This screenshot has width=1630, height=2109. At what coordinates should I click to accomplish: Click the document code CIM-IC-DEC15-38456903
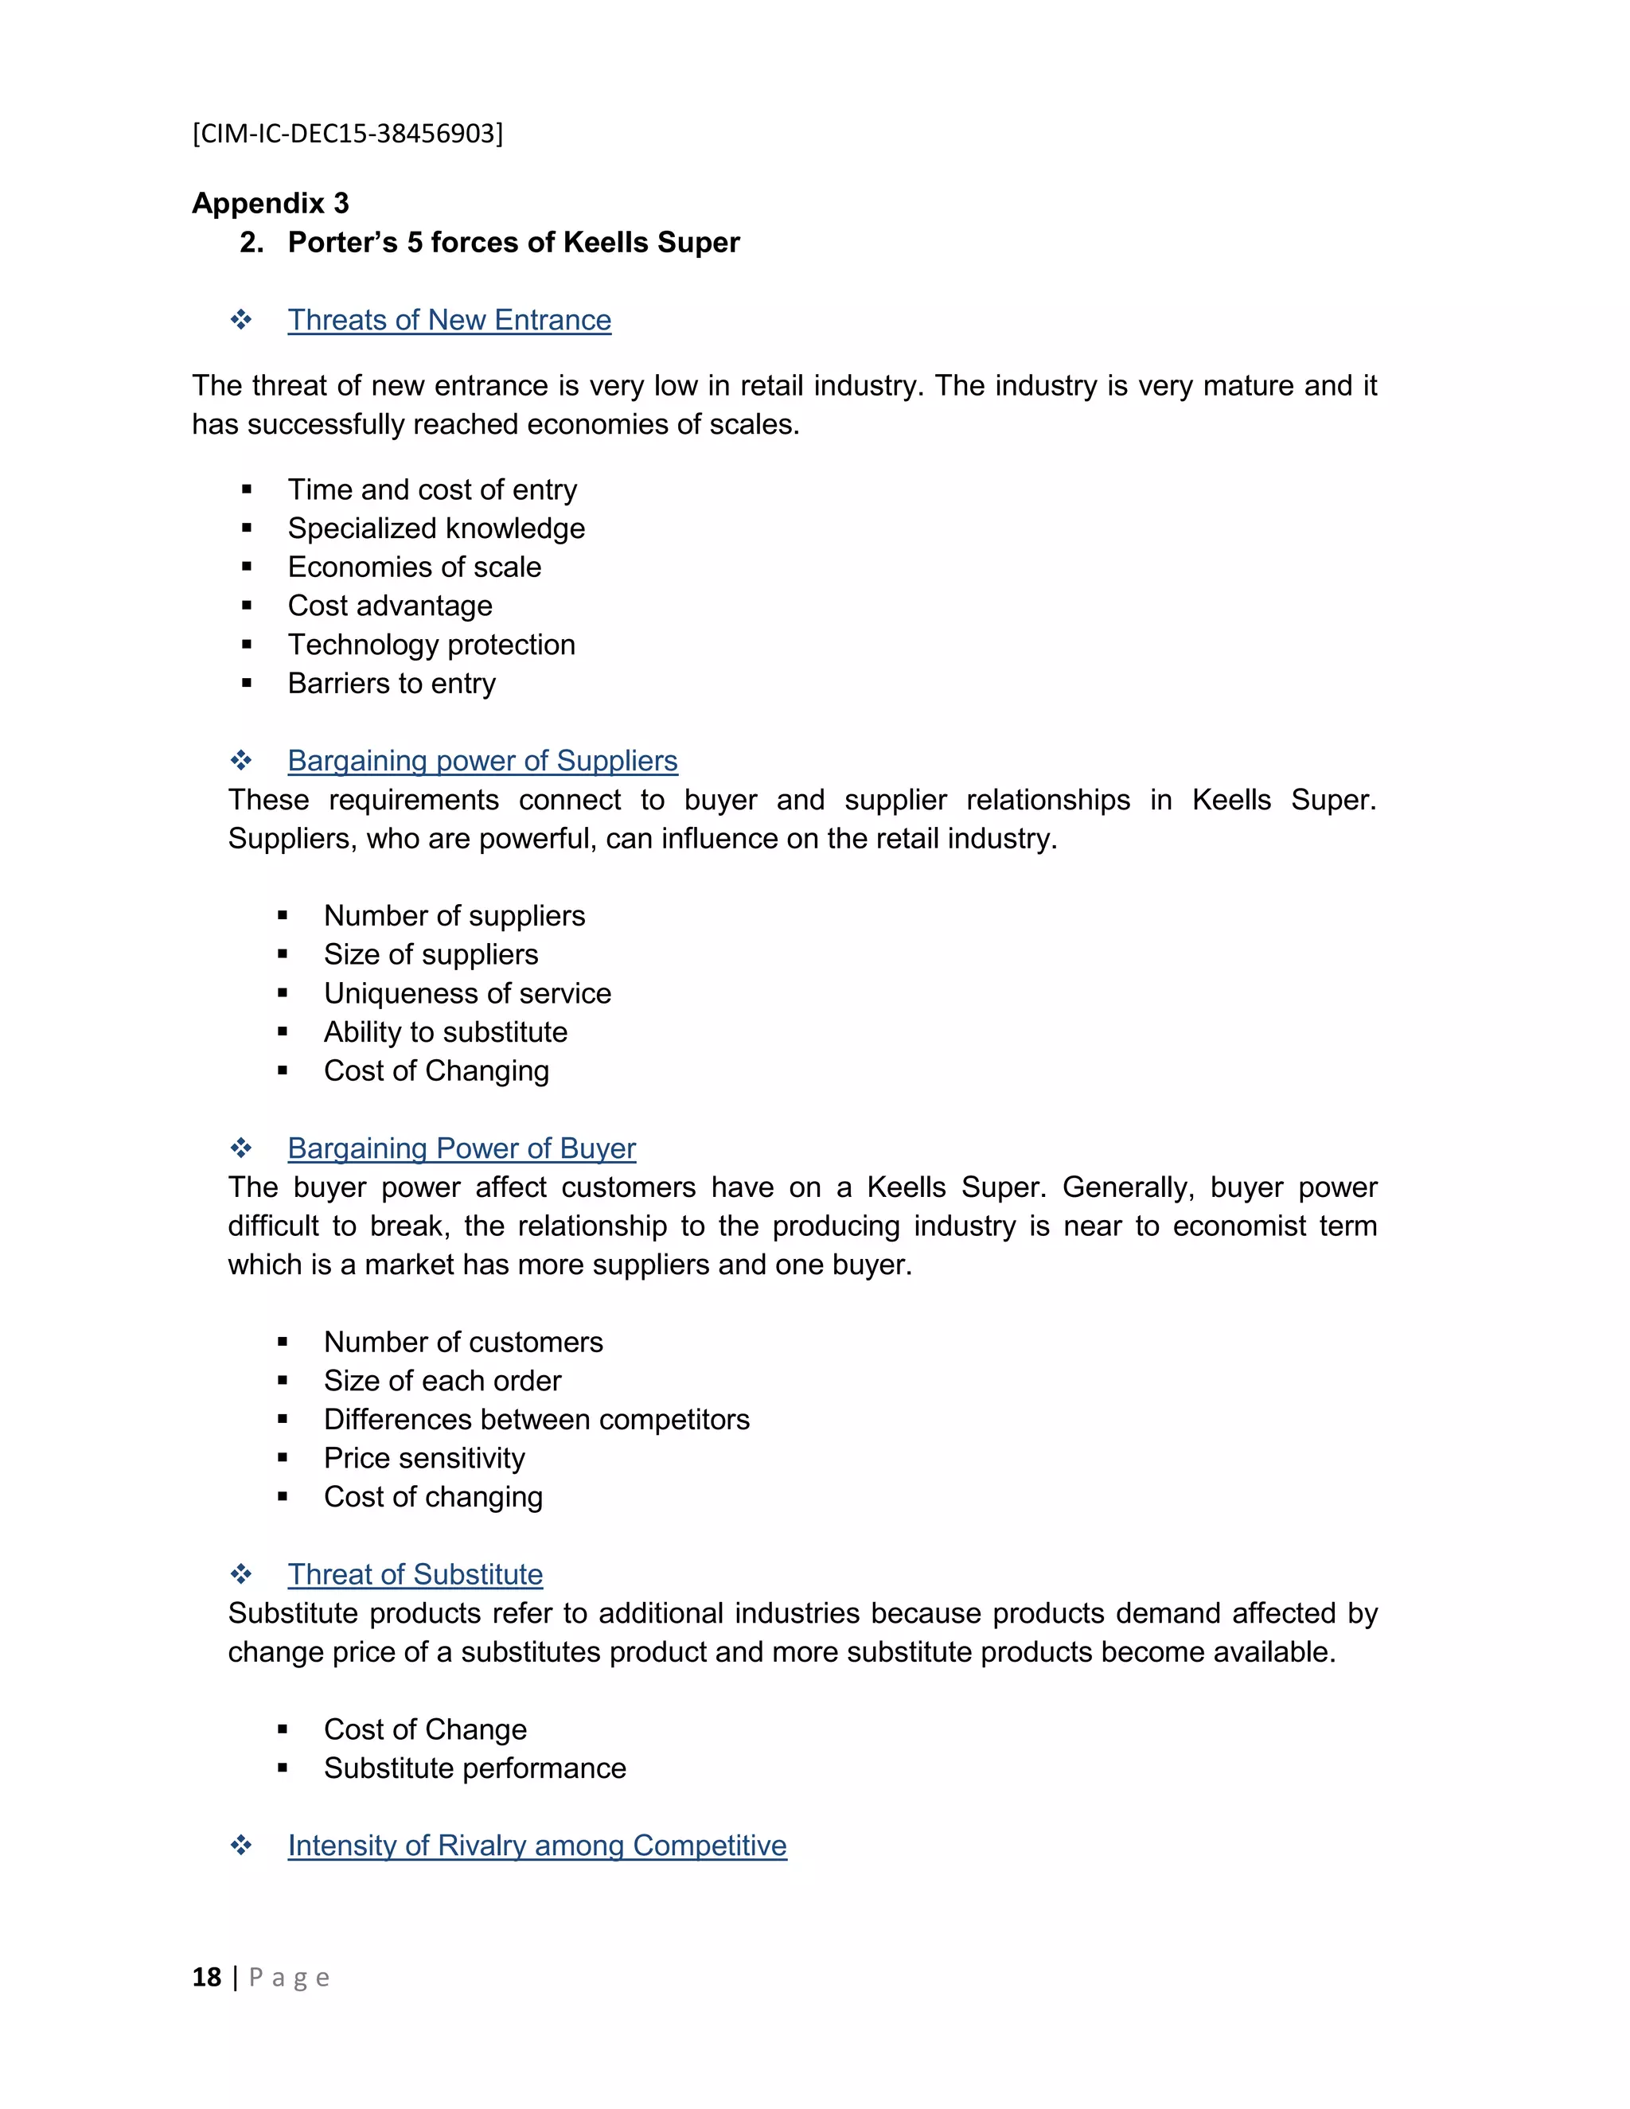click(348, 133)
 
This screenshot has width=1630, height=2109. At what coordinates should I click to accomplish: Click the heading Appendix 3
click(271, 203)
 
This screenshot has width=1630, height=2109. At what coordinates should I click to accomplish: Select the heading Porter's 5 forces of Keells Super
click(513, 243)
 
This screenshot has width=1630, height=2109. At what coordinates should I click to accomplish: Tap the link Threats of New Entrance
click(449, 320)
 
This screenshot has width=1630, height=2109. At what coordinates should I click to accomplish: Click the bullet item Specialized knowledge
click(435, 528)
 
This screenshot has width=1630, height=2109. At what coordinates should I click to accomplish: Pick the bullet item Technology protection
click(431, 644)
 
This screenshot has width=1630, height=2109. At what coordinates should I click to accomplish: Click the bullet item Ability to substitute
click(445, 1031)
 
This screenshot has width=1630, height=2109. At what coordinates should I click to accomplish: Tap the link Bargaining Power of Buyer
click(462, 1148)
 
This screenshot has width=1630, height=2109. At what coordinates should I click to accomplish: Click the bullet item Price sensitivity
click(424, 1458)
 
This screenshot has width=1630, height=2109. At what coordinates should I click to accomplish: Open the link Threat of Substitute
click(415, 1574)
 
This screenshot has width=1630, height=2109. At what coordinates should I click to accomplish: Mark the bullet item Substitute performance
click(474, 1768)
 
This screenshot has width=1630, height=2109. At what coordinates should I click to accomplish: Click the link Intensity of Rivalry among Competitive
click(537, 1846)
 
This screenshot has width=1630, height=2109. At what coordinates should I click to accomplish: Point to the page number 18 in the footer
click(207, 1978)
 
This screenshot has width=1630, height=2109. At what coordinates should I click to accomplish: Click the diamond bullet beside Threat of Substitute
click(240, 1574)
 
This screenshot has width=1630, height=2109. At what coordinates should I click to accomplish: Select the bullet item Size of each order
click(443, 1381)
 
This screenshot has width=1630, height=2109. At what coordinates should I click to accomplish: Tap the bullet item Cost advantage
click(389, 606)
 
